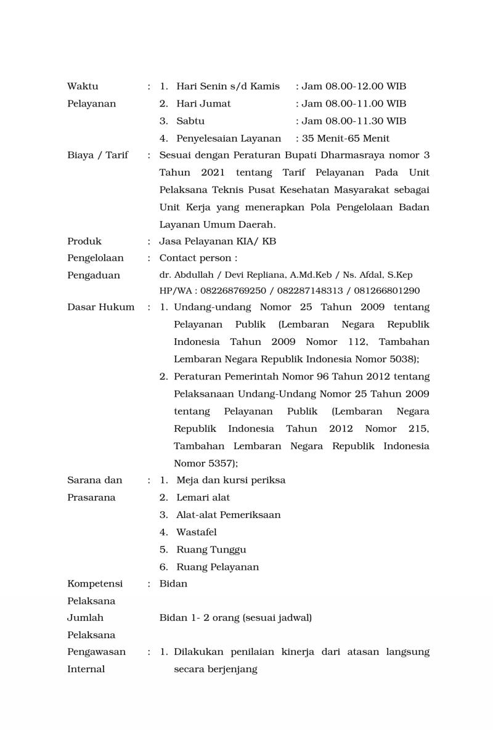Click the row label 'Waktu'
(x=83, y=86)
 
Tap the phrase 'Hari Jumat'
(x=203, y=103)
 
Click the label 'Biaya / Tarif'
(x=97, y=155)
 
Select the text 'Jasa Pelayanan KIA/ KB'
(x=218, y=241)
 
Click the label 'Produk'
(x=84, y=241)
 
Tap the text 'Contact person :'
(x=198, y=258)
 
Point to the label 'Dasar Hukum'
(x=100, y=307)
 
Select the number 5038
(x=404, y=359)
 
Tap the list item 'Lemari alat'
(x=203, y=497)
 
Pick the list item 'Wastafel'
(x=196, y=532)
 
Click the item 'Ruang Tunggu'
(x=211, y=550)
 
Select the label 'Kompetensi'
(x=95, y=583)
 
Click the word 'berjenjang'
(x=230, y=669)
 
